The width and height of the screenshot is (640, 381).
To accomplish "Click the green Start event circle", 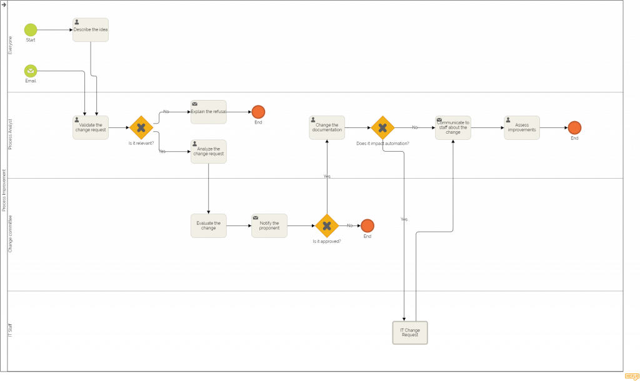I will pos(31,30).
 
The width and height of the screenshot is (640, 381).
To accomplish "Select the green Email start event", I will pos(31,71).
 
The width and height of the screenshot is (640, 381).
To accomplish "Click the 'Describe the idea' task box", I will pos(91,30).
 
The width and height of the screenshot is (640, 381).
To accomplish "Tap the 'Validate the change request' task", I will pos(91,127).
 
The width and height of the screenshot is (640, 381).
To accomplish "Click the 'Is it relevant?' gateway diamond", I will pos(141,127).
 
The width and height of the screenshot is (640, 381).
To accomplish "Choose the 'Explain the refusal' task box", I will pos(208,112).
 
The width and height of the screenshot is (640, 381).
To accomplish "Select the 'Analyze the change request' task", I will pos(208,152).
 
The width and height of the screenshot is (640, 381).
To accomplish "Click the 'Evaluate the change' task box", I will pos(208,225).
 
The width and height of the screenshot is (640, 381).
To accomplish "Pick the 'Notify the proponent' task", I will pos(269,225).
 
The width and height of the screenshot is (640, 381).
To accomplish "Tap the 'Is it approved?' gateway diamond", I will pos(327,225).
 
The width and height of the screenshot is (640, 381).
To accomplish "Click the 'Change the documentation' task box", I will pos(327,127).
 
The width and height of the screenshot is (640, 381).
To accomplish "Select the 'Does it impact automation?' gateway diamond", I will pos(382,127).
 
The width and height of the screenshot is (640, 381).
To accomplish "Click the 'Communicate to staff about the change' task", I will pos(453,127).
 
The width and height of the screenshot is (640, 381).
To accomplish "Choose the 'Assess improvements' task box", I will pos(522,127).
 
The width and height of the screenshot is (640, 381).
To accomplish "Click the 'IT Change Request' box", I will pos(410,333).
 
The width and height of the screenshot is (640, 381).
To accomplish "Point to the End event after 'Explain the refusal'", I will pos(258,112).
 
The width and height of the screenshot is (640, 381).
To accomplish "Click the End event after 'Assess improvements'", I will pos(575,127).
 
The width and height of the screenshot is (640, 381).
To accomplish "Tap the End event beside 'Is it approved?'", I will pos(367,225).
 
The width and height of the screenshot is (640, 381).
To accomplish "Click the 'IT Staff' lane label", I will pos(10,330).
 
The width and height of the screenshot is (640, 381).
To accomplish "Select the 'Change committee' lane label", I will pos(10,234).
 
